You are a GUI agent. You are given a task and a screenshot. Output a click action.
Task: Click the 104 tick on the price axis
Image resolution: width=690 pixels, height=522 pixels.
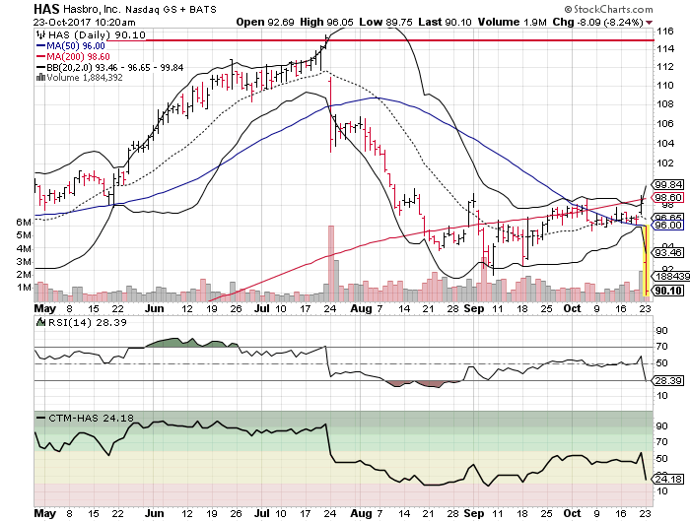click(x=666, y=137)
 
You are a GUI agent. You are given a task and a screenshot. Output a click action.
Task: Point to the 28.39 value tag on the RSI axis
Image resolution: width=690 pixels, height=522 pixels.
click(x=667, y=379)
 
